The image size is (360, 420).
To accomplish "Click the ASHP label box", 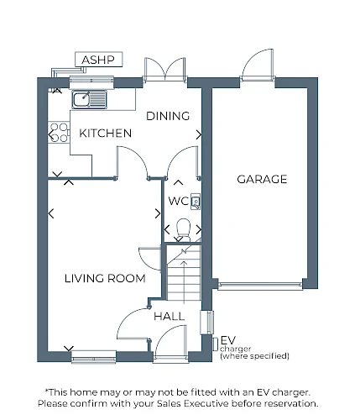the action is (x=99, y=60).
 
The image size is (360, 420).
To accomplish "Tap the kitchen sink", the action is (x=90, y=99).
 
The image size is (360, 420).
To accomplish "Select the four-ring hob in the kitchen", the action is (x=59, y=133).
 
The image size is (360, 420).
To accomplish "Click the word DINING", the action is (x=168, y=116).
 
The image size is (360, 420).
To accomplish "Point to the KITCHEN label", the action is (x=106, y=134).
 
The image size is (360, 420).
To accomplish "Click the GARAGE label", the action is (x=262, y=179).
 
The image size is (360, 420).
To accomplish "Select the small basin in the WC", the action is (x=196, y=202).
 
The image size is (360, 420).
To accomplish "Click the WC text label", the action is (x=179, y=201).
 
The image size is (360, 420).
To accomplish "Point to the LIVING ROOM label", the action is (x=105, y=279).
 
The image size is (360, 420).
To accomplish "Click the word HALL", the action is (x=169, y=317).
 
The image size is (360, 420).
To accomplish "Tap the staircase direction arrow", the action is (x=184, y=282).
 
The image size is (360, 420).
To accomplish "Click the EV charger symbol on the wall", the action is (x=215, y=344).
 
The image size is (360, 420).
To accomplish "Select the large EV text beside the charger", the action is (x=228, y=340).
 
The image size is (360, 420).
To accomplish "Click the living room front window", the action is (x=94, y=357).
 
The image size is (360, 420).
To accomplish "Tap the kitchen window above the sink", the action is (x=91, y=82).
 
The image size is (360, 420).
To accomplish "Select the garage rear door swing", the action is (x=257, y=65).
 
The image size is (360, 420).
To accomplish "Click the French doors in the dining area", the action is (x=164, y=70).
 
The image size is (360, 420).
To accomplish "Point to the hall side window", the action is (x=207, y=323).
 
